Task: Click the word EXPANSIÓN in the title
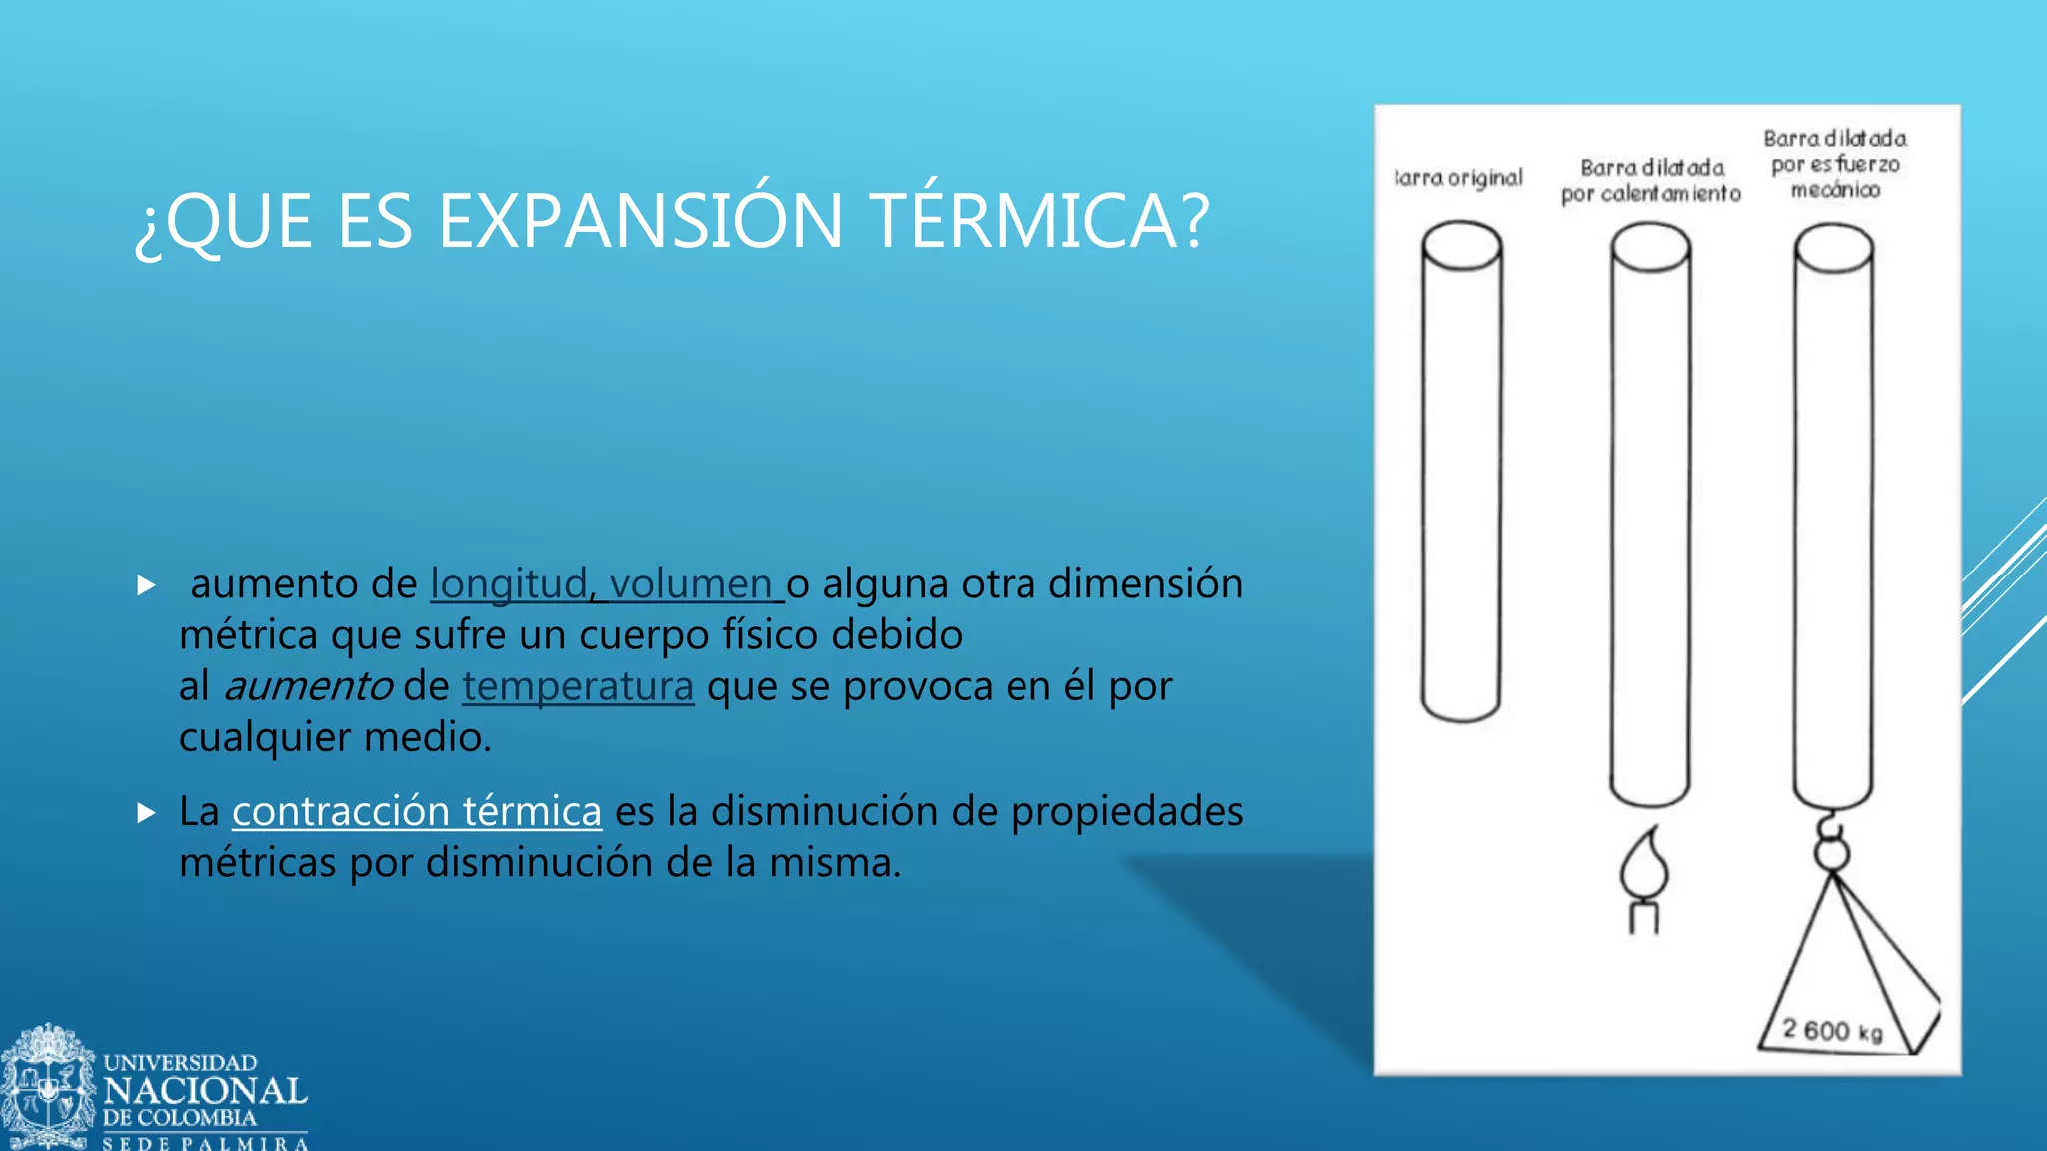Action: coord(640,221)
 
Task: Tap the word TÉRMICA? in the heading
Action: coord(1039,221)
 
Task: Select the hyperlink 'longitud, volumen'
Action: coord(605,584)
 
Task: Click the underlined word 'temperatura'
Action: coord(577,687)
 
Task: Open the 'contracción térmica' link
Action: coord(416,811)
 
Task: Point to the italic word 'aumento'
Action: coord(308,687)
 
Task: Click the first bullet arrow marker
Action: coord(146,585)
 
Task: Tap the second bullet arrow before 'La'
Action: coord(146,813)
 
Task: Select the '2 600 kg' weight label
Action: coord(1832,1030)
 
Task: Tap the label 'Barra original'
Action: coord(1459,179)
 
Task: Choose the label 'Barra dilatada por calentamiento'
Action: coord(1651,181)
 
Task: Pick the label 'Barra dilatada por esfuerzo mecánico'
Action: coord(1835,164)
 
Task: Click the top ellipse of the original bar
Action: coord(1461,246)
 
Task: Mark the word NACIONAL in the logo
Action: coord(205,1091)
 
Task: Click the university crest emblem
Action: coord(47,1087)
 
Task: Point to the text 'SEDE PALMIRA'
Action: coord(205,1143)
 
